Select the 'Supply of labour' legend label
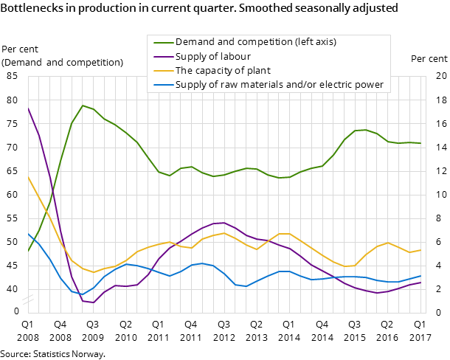pos(212,56)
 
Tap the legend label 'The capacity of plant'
pos(223,71)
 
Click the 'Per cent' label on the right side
pos(429,59)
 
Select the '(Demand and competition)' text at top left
pos(63,62)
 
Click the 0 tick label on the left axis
pos(16,311)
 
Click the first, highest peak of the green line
pos(83,105)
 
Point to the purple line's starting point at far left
pos(28,108)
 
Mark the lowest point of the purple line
pos(93,302)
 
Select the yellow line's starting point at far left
pos(28,177)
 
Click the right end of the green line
pos(420,143)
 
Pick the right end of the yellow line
pos(420,250)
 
